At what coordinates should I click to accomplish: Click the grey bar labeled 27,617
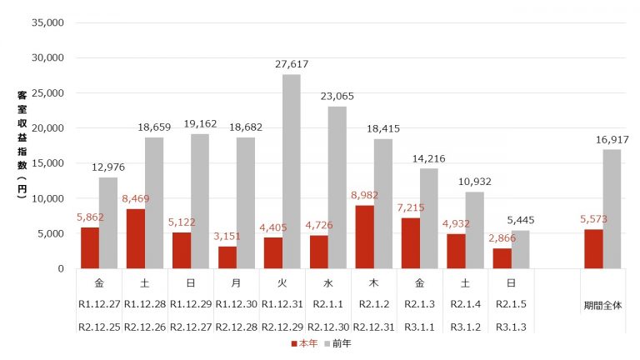[x=292, y=171]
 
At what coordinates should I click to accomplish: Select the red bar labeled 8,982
[x=365, y=237]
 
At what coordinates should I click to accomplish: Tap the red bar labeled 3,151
[x=227, y=257]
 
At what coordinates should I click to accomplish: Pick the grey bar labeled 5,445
[x=520, y=249]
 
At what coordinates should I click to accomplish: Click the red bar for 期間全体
[x=593, y=248]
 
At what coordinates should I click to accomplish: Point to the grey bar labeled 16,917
[x=612, y=208]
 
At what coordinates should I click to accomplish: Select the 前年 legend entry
[x=337, y=343]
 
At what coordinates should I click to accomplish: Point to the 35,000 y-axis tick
[x=47, y=23]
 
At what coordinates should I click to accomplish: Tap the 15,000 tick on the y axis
[x=47, y=163]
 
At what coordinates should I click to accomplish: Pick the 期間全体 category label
[x=602, y=302]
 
